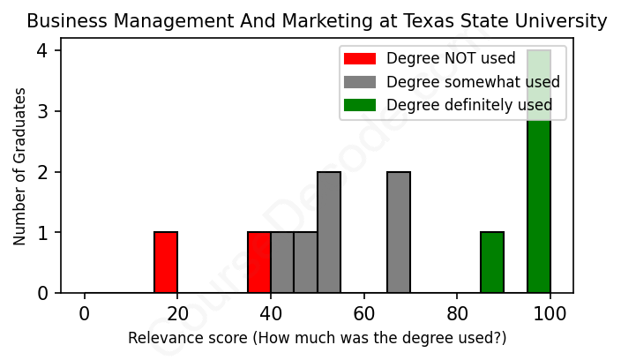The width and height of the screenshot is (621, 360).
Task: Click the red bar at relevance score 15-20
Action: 166,262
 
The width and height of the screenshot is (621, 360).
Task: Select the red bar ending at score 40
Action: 259,262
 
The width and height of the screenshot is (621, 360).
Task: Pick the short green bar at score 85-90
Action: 492,262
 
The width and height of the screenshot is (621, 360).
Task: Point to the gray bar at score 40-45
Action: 282,262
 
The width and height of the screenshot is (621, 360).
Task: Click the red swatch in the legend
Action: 360,59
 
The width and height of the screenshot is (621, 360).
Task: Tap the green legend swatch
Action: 360,105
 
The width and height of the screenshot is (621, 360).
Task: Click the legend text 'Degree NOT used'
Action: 451,59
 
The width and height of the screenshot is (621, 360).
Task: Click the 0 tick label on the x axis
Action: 85,313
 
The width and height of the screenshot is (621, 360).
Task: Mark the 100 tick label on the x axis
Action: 550,313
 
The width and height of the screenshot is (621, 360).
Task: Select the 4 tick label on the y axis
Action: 42,51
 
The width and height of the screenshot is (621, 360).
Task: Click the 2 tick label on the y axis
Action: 42,172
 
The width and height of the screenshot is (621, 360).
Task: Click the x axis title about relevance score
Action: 318,338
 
